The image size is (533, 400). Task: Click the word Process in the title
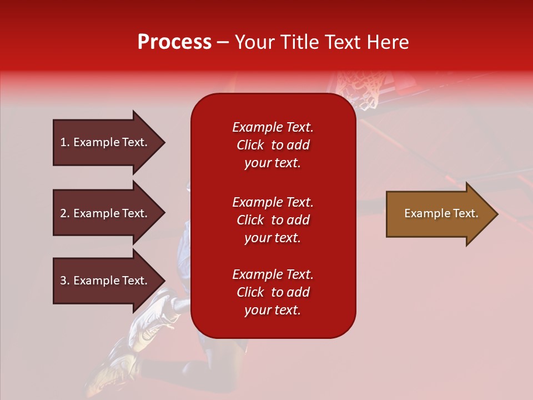pos(174,42)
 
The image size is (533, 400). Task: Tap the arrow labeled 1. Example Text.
pos(105,142)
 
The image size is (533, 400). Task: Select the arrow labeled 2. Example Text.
pos(105,213)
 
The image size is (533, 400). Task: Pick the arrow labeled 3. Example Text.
pos(105,281)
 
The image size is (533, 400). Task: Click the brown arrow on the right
pos(439,214)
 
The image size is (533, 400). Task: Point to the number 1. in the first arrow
pos(65,142)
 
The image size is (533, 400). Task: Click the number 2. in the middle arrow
pos(65,213)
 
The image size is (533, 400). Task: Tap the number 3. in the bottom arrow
pos(65,281)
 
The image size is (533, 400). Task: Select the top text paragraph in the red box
pos(273,145)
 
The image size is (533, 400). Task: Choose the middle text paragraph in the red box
pos(273,220)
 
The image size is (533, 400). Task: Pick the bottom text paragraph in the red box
pos(273,292)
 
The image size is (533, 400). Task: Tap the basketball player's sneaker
pos(153,317)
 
